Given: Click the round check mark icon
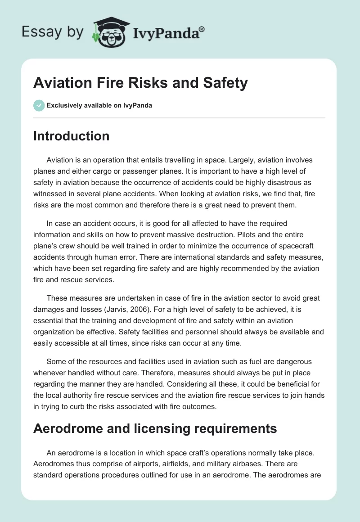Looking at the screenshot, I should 39,105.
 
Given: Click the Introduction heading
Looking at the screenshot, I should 71,136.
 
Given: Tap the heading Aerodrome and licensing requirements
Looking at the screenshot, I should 155,428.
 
